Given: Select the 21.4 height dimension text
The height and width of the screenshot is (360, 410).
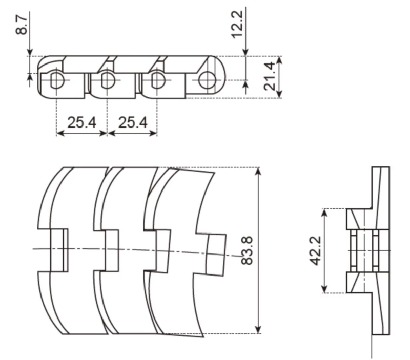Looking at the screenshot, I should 270,77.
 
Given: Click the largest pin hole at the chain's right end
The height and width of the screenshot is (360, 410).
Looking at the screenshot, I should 208,80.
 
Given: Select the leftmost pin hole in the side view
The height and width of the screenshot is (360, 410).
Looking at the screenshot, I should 56,80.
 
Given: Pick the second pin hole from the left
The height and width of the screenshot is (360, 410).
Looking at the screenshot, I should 107,80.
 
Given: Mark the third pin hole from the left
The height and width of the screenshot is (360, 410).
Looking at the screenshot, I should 157,80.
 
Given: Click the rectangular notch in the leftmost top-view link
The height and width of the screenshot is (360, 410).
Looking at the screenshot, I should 57,250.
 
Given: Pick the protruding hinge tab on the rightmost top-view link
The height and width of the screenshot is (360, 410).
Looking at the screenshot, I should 217,254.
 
